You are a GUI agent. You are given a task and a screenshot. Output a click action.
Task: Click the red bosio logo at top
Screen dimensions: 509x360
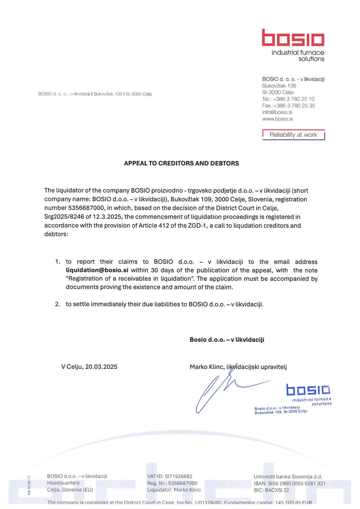click(x=293, y=38)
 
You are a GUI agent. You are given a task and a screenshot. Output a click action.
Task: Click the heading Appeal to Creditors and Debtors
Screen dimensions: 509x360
click(x=181, y=163)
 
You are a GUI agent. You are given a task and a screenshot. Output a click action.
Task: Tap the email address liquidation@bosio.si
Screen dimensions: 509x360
click(x=97, y=270)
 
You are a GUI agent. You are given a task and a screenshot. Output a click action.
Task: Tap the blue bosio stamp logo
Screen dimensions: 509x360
click(x=308, y=390)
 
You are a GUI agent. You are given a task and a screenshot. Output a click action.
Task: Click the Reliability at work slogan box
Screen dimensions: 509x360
click(x=293, y=135)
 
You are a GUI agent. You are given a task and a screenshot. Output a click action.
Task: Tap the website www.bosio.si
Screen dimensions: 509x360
click(x=277, y=119)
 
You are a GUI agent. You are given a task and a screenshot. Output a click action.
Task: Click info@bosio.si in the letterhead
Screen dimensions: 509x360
click(x=277, y=112)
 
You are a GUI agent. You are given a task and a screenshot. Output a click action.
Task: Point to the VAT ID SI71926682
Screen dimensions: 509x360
click(x=178, y=476)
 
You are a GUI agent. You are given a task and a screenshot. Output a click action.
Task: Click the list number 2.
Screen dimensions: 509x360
click(x=57, y=304)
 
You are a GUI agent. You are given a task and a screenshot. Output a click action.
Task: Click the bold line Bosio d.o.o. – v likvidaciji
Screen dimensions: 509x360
click(x=227, y=340)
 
